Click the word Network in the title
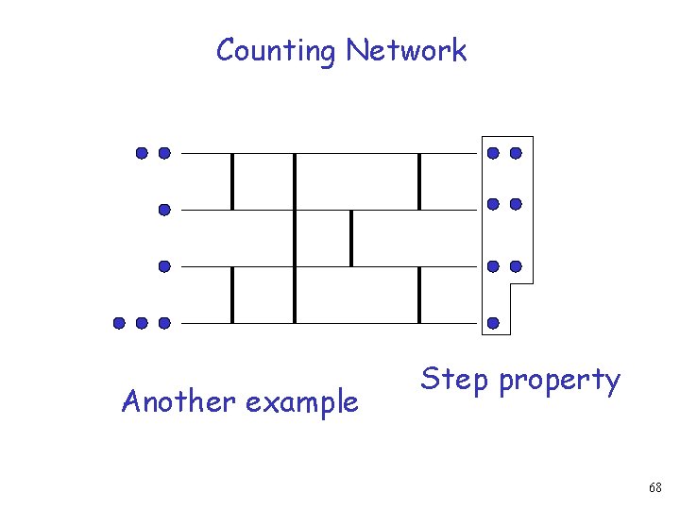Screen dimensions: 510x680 [406, 50]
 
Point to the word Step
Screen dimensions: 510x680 [455, 381]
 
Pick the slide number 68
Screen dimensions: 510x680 [655, 487]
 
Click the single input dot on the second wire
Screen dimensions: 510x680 [164, 211]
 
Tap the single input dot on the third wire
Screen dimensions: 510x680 [164, 267]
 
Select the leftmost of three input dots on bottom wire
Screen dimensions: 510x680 [120, 323]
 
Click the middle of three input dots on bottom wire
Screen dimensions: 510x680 [142, 323]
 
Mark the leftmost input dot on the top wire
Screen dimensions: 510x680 [142, 152]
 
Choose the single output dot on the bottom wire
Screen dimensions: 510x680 [493, 323]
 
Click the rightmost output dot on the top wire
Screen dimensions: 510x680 [516, 152]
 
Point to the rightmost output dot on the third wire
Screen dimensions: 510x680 [516, 266]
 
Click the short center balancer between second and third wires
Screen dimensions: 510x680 [351, 238]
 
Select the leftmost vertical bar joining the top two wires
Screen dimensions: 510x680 [232, 181]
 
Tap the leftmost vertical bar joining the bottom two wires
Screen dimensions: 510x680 [232, 295]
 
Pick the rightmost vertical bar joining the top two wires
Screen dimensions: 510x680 [419, 181]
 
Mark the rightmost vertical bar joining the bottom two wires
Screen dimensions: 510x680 [419, 295]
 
